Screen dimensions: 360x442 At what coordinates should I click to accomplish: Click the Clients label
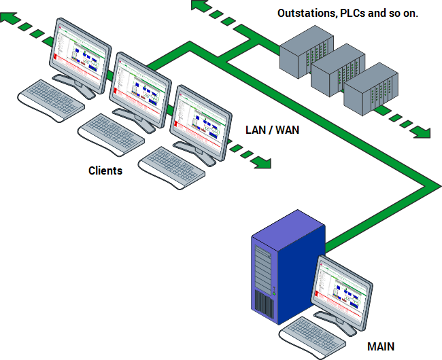click(105, 170)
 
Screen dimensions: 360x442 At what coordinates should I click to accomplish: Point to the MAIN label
click(380, 346)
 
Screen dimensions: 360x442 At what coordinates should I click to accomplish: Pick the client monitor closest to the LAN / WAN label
click(200, 119)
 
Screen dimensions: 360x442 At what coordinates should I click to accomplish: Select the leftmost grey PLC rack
click(303, 52)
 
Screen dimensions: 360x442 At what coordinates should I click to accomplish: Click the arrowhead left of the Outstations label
click(199, 6)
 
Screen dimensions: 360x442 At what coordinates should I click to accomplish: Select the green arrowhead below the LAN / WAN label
click(263, 162)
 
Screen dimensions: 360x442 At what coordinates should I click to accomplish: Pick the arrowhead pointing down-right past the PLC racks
click(423, 132)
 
